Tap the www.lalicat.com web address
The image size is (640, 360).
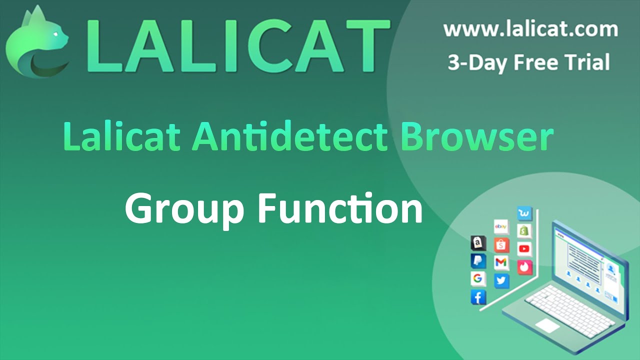click(x=530, y=29)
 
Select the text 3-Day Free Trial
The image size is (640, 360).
click(x=528, y=63)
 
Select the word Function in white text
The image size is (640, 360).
click(x=340, y=208)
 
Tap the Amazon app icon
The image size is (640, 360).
click(x=478, y=243)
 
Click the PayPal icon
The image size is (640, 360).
click(x=478, y=261)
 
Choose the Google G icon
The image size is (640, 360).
click(x=478, y=279)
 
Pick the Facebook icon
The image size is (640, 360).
click(x=478, y=297)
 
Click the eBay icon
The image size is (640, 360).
click(x=501, y=227)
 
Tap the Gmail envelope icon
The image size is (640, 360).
click(x=501, y=262)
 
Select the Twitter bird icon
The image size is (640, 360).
click(x=501, y=280)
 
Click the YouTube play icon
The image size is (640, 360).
click(x=524, y=248)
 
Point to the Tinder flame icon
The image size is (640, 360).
click(x=524, y=267)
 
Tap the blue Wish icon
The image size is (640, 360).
click(x=524, y=214)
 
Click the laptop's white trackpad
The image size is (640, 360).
click(x=547, y=325)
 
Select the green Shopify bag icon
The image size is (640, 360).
click(x=524, y=231)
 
